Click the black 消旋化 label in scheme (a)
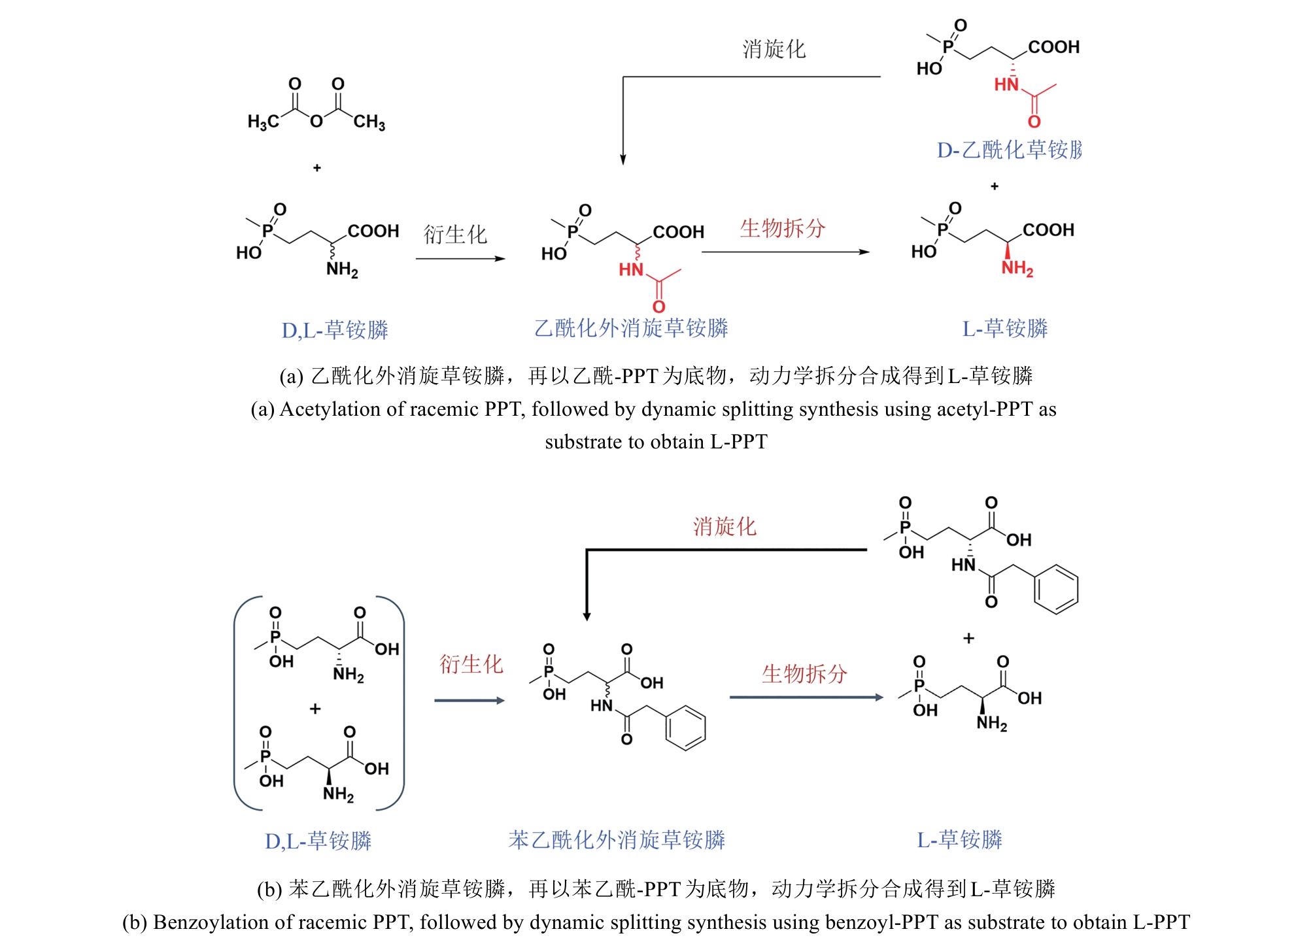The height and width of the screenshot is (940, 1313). pos(774,49)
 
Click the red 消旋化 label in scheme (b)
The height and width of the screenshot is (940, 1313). pos(725,526)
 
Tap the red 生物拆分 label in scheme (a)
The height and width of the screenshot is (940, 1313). pos(783,228)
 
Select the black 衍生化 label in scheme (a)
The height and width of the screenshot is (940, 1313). pos(455,234)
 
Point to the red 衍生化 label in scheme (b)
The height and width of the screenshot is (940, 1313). pos(471,664)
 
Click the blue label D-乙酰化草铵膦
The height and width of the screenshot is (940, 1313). pos(1009,150)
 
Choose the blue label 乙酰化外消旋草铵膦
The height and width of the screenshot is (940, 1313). pos(631,328)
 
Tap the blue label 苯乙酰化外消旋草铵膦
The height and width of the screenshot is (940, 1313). pos(617,840)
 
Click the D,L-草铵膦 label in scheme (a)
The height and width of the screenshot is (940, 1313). pos(335,330)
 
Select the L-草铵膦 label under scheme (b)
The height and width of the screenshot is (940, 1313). pos(959,840)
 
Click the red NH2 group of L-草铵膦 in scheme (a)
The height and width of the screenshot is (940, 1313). pos(1017,268)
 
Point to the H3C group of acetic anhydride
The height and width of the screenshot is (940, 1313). pos(263,122)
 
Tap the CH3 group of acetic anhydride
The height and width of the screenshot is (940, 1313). pos(369,122)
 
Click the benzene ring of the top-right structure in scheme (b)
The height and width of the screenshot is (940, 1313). pos(1055,590)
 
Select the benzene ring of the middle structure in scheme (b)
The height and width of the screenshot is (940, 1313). pos(685,727)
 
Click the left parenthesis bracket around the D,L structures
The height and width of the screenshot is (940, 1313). pos(237,703)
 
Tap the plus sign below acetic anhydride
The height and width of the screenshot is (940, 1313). pos(317,168)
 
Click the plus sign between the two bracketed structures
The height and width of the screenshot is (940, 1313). pos(315,709)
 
